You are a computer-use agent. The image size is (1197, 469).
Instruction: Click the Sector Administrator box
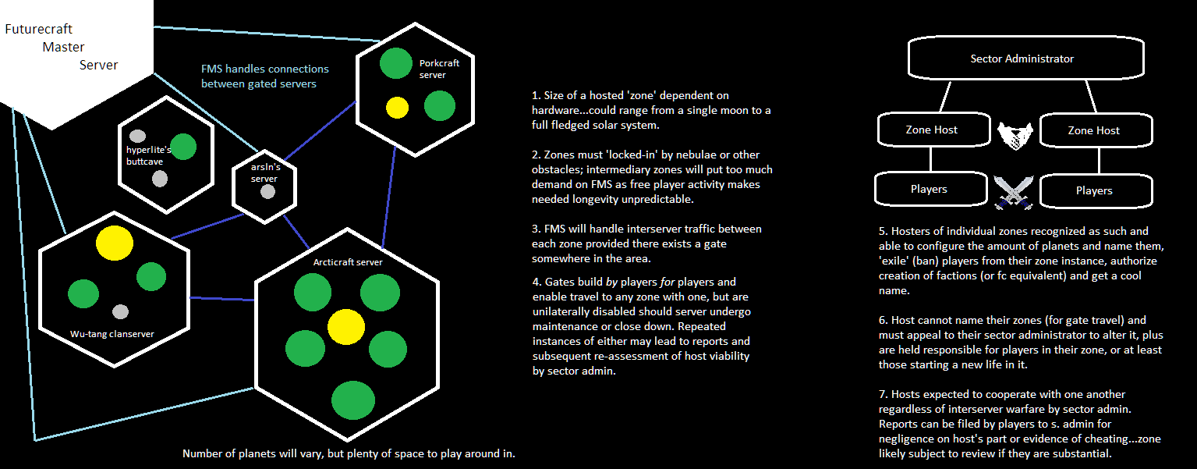[1026, 58]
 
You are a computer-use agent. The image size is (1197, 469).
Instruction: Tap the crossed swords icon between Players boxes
[1013, 192]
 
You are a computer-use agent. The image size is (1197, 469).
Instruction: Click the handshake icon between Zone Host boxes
[1015, 135]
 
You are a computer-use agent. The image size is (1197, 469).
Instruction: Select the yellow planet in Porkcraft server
[397, 108]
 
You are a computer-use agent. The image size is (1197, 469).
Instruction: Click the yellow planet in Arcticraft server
[346, 327]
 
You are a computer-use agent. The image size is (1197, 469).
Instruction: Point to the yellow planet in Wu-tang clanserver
[115, 243]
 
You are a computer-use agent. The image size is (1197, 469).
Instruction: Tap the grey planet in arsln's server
[267, 191]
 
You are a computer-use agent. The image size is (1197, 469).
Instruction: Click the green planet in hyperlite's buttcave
[184, 147]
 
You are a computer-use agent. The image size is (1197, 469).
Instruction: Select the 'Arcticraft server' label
[347, 262]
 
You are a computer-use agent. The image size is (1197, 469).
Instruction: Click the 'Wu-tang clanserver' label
[112, 334]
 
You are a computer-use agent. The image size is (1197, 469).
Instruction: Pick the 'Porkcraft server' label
[439, 69]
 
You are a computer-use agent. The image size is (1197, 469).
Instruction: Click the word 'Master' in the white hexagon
[63, 47]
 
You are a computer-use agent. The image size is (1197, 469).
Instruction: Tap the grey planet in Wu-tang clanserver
[120, 312]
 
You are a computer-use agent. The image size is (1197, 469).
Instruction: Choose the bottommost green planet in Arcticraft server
[353, 400]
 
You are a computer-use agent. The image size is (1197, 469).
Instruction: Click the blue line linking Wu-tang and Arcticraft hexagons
[222, 299]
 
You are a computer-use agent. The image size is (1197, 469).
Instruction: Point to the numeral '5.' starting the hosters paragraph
[884, 231]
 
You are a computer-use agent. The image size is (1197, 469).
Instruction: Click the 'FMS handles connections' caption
[264, 69]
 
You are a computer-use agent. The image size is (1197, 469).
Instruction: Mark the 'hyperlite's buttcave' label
[149, 155]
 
